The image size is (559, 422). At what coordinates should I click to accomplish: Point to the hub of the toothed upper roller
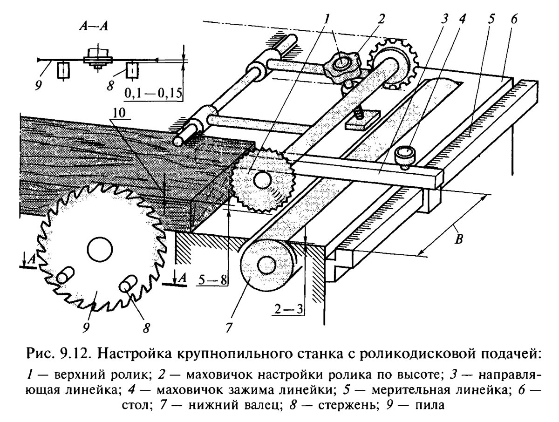pos(263,180)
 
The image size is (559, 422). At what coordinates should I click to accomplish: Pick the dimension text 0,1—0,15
pos(154,94)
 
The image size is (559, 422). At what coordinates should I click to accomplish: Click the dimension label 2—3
pos(288,309)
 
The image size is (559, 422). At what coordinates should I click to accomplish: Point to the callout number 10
pos(119,113)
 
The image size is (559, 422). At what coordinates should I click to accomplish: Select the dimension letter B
pos(459,239)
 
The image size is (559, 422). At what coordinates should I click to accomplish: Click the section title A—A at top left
pos(93,26)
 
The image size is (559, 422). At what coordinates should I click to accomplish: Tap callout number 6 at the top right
pos(514,19)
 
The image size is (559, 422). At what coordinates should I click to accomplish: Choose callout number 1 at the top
pos(327,19)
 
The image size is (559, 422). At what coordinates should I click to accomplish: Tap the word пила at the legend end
pos(431,405)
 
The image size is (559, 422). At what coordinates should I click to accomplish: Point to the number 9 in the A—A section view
pos(38,86)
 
